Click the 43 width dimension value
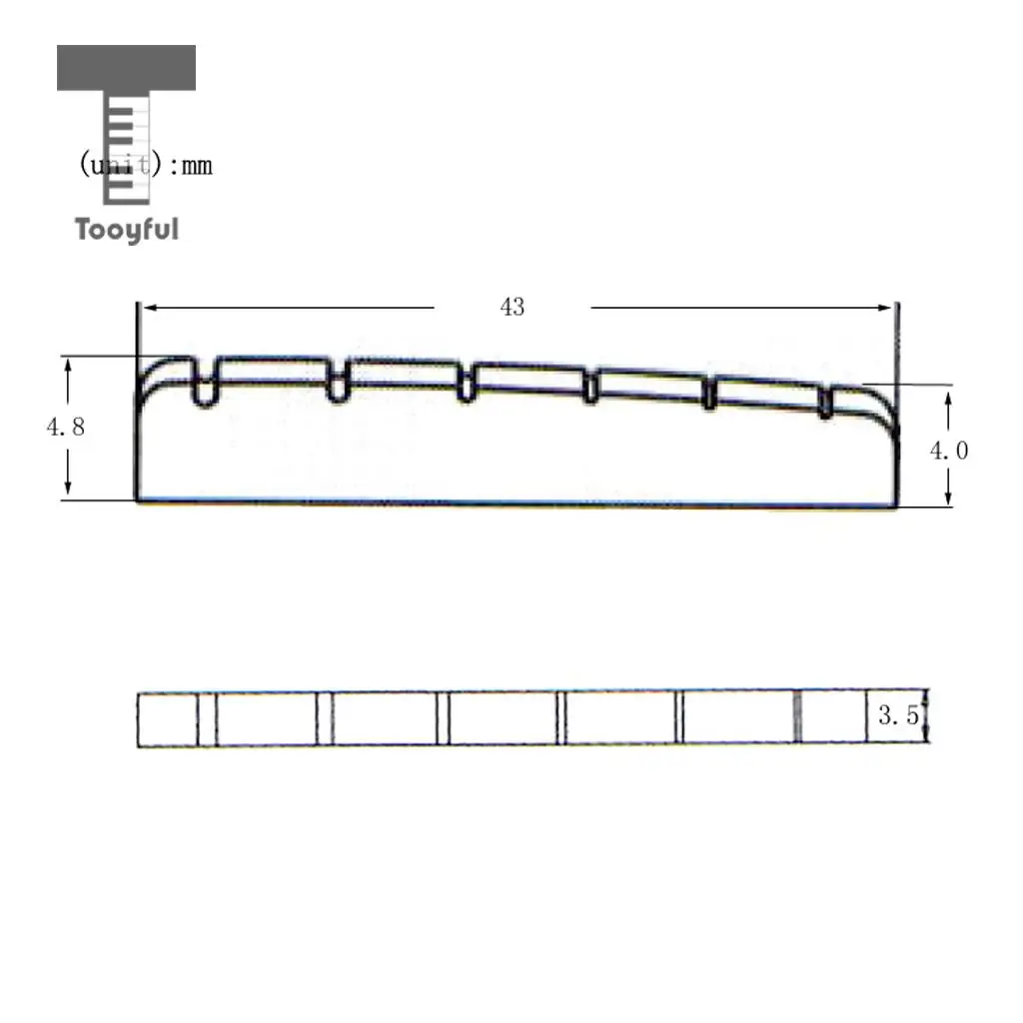click(511, 307)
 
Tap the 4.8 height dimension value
click(65, 427)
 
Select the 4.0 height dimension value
click(948, 451)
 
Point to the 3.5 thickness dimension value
click(898, 716)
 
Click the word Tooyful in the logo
click(126, 229)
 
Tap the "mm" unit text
click(196, 166)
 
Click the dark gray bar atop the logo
click(126, 68)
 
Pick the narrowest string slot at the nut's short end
click(825, 402)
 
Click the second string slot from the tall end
click(337, 380)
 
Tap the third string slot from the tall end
click(466, 384)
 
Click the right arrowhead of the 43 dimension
click(886, 308)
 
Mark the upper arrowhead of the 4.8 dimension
click(68, 365)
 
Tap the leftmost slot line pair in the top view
click(206, 719)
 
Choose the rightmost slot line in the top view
click(797, 717)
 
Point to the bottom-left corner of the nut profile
click(138, 499)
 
